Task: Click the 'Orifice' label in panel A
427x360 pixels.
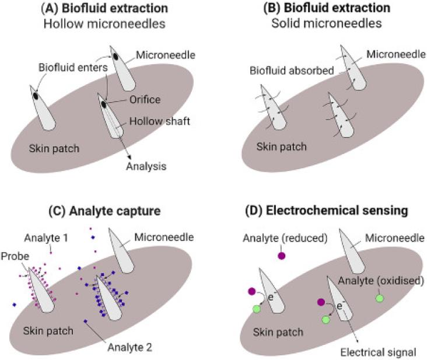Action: pos(145,100)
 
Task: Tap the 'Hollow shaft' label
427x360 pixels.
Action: pos(160,121)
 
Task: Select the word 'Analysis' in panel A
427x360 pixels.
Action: pos(146,166)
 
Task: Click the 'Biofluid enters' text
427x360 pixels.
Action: pos(73,68)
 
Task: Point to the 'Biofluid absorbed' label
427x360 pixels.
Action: pos(292,71)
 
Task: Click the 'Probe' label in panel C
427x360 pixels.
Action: pos(15,256)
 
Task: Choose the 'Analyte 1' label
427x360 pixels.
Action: pos(46,238)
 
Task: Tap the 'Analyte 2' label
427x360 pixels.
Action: pos(130,348)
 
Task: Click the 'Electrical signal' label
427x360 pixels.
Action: pos(378,352)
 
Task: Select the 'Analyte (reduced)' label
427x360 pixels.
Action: pos(285,238)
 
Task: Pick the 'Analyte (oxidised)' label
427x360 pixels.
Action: pos(381,281)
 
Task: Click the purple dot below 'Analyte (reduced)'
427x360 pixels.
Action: pos(281,256)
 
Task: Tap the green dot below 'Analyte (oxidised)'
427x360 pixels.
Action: pos(380,298)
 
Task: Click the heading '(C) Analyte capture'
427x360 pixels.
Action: pos(104,211)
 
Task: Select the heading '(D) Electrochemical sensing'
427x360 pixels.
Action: pos(327,211)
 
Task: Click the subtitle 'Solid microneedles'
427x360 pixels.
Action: pos(327,23)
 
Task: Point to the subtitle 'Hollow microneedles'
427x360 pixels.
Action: pos(104,24)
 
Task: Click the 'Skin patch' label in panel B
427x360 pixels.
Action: pos(282,147)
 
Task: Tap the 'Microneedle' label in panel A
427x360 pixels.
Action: pos(166,55)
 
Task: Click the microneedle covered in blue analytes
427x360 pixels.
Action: pos(109,299)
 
